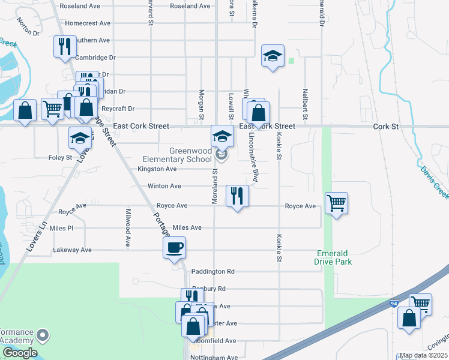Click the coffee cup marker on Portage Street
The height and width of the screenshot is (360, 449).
click(x=174, y=248)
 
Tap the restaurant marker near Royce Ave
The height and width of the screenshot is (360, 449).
click(x=237, y=196)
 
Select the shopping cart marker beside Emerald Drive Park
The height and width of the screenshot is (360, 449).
click(x=336, y=203)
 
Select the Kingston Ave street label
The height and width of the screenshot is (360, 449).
click(x=157, y=169)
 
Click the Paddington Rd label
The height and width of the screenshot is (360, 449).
click(x=212, y=271)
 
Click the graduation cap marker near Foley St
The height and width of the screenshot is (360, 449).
click(x=80, y=139)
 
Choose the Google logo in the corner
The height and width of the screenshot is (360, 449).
click(x=19, y=353)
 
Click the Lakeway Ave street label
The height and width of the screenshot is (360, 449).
click(x=72, y=250)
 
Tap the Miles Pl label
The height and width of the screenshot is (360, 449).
click(x=61, y=229)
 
